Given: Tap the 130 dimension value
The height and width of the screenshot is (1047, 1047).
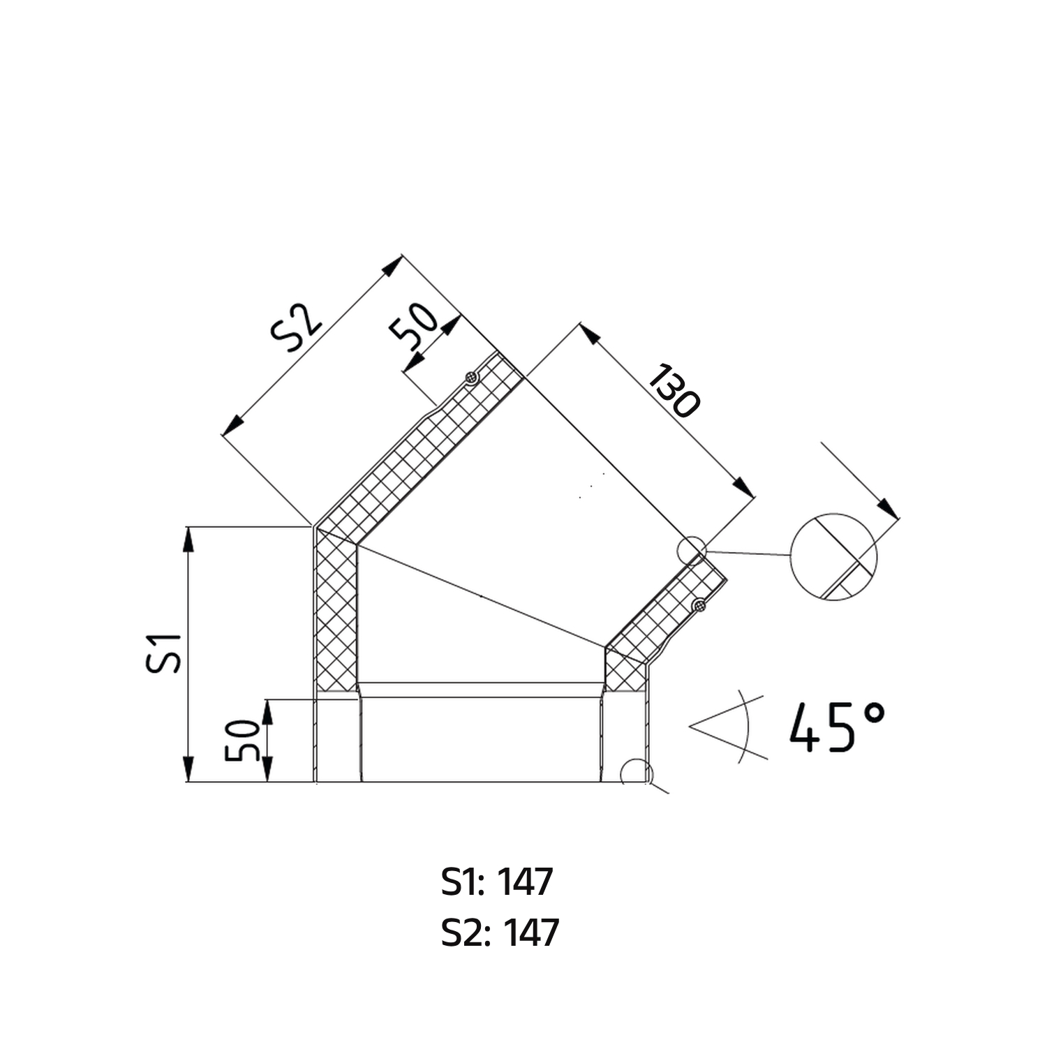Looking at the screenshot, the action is [673, 391].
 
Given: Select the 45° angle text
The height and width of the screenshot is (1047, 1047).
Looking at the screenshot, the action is [838, 727].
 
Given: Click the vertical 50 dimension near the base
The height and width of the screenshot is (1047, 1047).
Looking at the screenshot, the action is [244, 741].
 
